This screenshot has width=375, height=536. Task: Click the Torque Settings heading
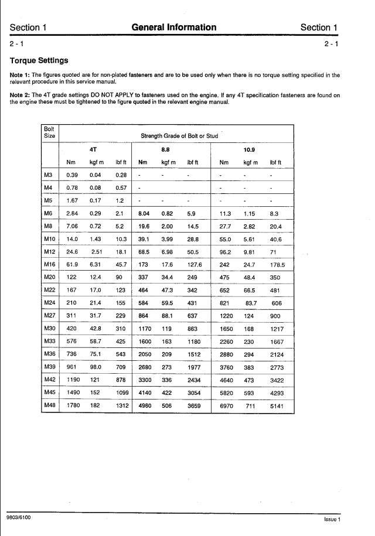[39, 60]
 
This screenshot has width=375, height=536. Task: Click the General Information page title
[174, 27]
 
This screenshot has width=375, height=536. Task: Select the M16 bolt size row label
[49, 264]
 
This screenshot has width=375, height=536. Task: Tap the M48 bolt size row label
[49, 405]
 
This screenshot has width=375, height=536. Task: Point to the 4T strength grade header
[93, 149]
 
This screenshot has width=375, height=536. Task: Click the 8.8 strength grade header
[166, 149]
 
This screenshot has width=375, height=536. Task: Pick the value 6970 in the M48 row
[226, 406]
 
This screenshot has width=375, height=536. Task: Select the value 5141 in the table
[277, 406]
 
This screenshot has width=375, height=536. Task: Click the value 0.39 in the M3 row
[72, 175]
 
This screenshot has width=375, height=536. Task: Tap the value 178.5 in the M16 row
[277, 265]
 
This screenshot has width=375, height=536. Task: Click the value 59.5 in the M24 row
[167, 303]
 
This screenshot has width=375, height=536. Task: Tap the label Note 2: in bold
[20, 95]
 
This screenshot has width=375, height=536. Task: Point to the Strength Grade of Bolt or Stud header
[179, 136]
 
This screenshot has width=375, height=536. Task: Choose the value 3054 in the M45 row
[193, 393]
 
